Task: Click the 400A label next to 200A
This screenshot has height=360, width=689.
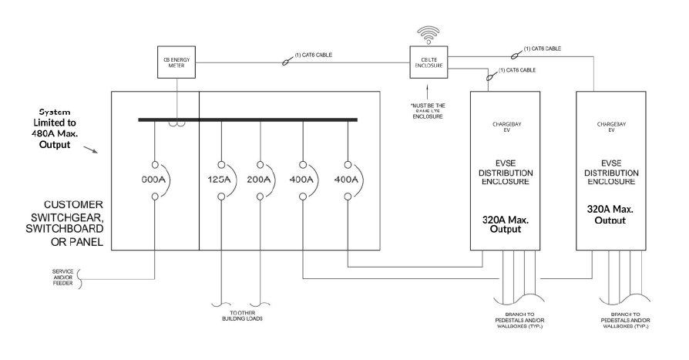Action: point(302,180)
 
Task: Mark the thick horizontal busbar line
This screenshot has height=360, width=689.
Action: point(247,119)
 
